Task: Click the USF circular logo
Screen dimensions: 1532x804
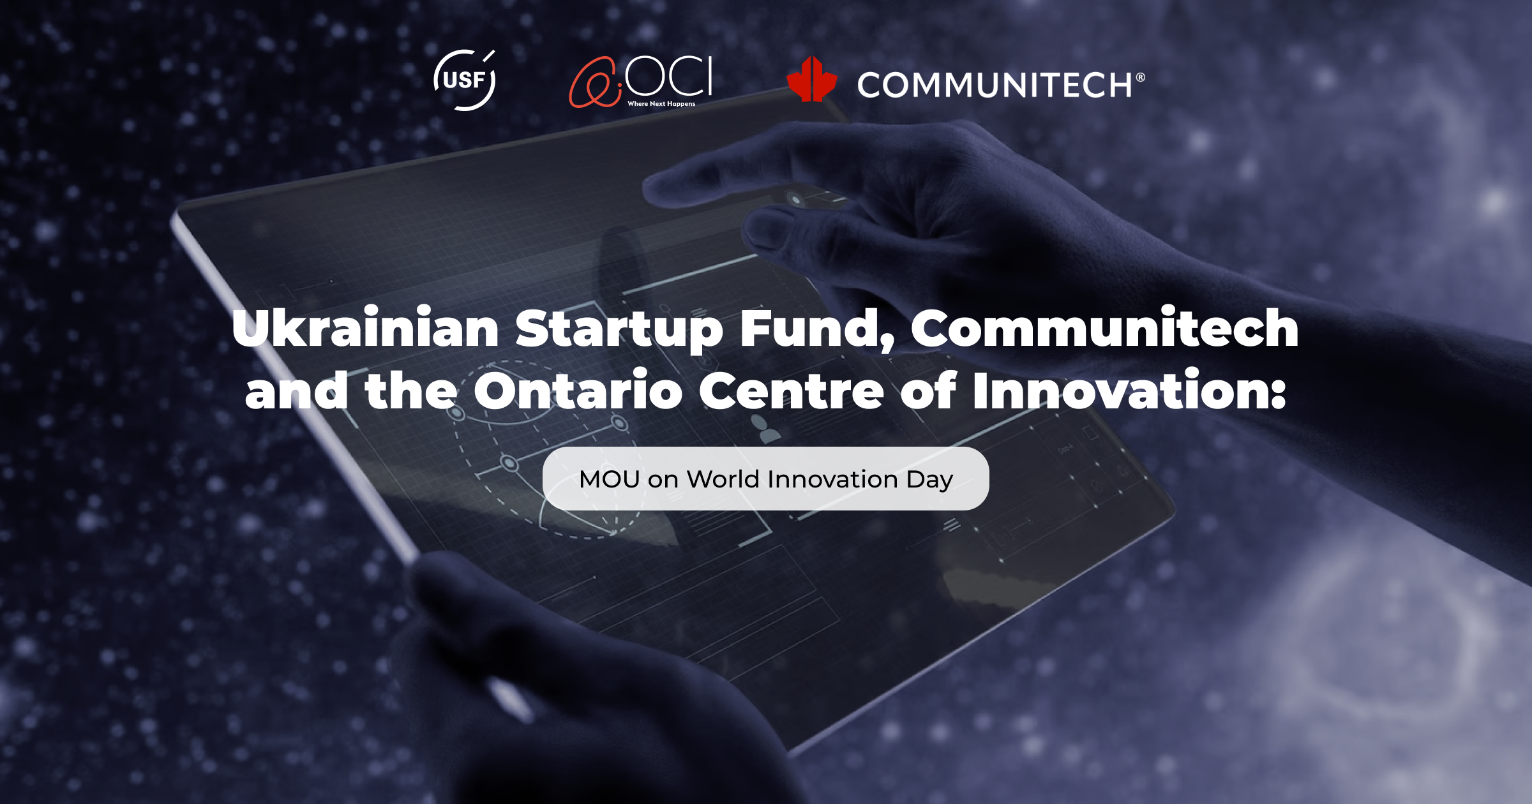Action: tap(465, 80)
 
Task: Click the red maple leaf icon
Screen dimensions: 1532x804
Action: tap(811, 79)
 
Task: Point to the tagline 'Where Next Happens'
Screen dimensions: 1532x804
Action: tap(661, 103)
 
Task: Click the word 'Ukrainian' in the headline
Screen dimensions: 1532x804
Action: tap(366, 328)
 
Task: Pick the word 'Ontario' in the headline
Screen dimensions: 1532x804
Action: tap(578, 389)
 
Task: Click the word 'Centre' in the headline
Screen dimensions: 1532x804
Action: tap(792, 391)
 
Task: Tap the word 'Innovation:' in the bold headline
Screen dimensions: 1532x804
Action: tap(1129, 389)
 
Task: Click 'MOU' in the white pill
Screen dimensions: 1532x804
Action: tap(610, 479)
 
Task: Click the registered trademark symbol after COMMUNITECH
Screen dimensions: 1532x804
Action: tap(1140, 77)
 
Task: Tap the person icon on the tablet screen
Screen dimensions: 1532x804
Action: tap(764, 429)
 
